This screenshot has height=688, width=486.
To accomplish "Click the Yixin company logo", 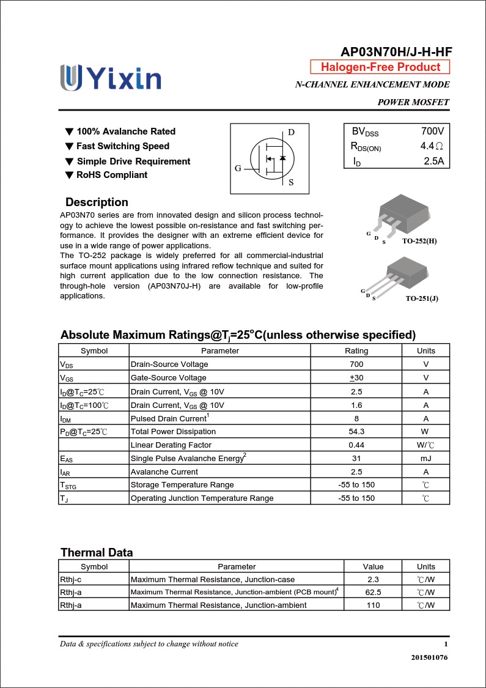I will pos(111,78).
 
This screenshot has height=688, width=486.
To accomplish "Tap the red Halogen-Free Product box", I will pos(380,67).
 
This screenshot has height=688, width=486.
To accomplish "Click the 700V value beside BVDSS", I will pos(432,131).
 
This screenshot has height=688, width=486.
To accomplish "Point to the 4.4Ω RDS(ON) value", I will pos(432,147).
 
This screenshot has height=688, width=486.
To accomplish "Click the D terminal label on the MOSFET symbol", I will pos(291,133).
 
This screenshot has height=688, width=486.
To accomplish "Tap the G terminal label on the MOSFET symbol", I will pos(238,168).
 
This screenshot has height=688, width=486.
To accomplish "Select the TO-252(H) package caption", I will pos(419,241).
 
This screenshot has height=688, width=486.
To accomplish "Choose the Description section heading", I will pos(97,202).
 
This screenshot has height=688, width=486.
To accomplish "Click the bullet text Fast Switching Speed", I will pos(122,146).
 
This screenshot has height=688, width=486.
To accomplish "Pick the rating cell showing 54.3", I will pos(356,432).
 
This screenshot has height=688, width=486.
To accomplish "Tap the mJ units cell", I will pos(425,458).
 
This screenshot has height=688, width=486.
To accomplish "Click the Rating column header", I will pos(356,350).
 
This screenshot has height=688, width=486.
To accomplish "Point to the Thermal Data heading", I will pos(97,552).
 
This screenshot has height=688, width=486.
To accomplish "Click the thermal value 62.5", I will pos(373,592).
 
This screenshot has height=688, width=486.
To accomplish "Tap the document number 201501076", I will pos(430,657).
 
